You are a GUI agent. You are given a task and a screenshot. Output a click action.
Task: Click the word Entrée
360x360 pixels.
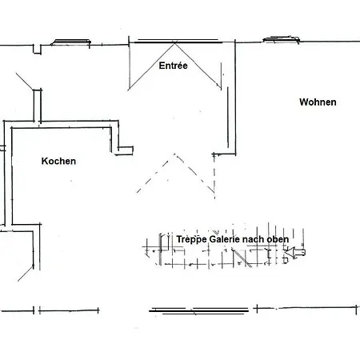coord(173,66)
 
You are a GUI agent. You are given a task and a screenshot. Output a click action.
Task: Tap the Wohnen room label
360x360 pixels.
coord(318,102)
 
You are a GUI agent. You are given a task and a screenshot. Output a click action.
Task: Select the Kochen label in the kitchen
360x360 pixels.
coord(58,161)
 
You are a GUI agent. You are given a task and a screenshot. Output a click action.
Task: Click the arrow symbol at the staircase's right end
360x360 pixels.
coord(298,253)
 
